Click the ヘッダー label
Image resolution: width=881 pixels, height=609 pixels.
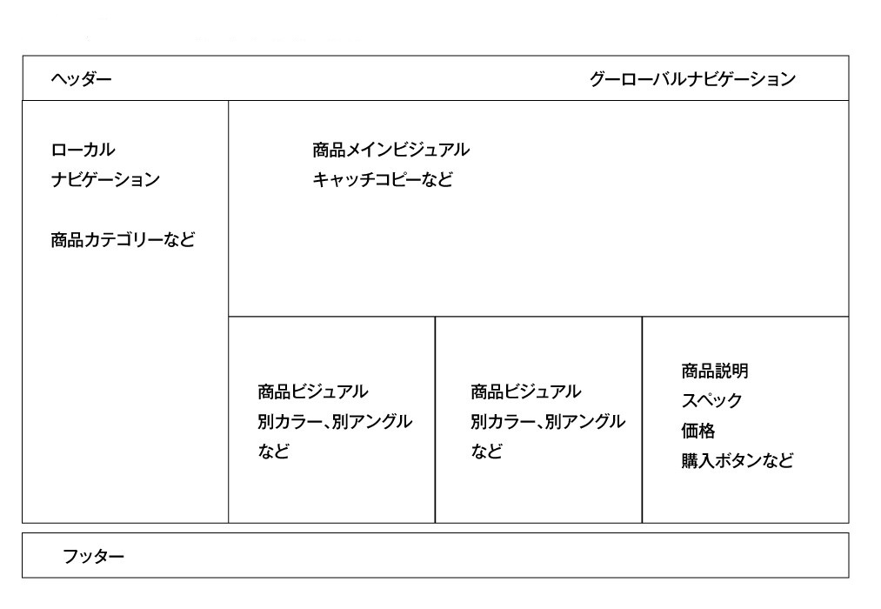82,78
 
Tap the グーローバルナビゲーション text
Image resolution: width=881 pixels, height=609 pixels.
692,78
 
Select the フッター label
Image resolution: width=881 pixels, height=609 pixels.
93,556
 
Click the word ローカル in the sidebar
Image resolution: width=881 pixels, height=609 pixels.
83,150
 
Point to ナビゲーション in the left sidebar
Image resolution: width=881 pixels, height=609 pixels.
105,180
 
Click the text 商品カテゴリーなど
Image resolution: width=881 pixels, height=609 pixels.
123,240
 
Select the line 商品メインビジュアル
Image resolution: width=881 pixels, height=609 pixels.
391,150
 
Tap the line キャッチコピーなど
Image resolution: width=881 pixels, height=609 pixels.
383,180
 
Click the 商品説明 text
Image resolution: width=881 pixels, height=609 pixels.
715,371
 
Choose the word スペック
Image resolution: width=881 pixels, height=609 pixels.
712,400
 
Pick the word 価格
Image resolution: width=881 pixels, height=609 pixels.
698,431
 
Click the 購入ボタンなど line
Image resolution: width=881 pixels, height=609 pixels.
738,461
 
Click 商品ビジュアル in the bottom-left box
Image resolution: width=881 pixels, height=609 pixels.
313,391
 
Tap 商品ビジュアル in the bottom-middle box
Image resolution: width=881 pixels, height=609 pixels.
526,391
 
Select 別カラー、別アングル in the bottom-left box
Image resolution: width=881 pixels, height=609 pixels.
335,421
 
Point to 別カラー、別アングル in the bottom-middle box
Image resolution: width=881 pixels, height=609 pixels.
548,421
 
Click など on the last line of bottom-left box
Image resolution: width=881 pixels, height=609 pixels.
274,452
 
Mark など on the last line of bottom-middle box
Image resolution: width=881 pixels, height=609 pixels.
486,452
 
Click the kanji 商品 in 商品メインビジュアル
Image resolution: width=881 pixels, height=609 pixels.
329,150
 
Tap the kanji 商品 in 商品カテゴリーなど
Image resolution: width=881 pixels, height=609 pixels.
67,240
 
